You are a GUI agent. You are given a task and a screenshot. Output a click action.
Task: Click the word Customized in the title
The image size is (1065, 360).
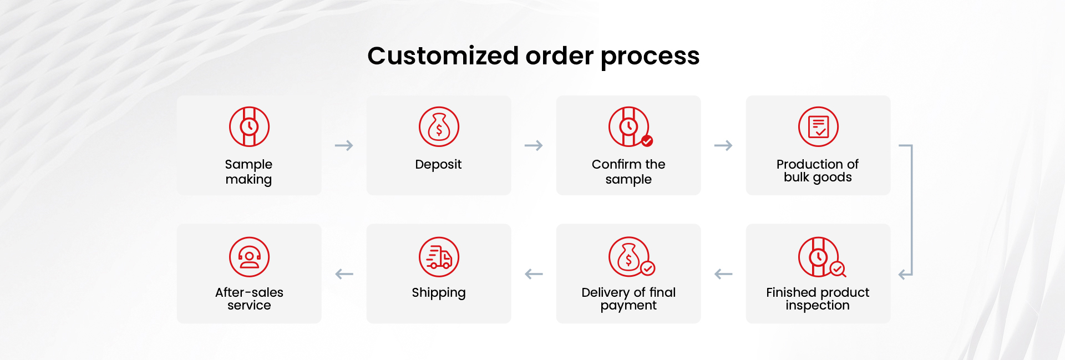click(x=443, y=56)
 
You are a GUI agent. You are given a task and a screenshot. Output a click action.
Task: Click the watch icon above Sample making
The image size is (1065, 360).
click(x=249, y=126)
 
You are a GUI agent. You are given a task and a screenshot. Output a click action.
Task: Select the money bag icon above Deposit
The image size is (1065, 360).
click(x=439, y=126)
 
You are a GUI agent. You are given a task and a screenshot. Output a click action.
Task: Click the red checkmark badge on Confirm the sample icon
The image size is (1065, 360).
click(x=647, y=141)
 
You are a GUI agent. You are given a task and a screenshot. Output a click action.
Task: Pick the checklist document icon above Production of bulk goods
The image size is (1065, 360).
click(x=818, y=126)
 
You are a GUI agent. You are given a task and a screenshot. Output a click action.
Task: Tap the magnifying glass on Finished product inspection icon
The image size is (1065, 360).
click(x=838, y=269)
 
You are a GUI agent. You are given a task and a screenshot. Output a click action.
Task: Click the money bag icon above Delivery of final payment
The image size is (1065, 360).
click(x=628, y=257)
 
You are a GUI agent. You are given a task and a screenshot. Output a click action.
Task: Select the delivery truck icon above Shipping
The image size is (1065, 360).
click(x=439, y=257)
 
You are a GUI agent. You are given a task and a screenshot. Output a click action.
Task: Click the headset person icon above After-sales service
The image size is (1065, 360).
click(x=249, y=257)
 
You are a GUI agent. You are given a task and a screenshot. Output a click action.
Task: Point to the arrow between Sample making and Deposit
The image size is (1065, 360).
click(x=344, y=145)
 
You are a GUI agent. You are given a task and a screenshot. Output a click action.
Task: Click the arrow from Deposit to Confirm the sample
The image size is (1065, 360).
click(x=534, y=145)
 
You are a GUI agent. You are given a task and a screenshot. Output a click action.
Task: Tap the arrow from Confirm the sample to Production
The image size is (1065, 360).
click(x=723, y=145)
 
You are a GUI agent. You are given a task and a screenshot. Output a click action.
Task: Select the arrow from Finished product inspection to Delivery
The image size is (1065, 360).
click(x=723, y=274)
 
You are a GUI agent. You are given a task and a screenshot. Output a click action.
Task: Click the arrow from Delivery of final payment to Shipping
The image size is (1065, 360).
click(x=534, y=274)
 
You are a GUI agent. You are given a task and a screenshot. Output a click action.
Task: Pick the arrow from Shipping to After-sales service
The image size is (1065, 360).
click(x=344, y=274)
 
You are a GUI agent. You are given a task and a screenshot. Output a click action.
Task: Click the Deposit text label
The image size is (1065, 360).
click(x=438, y=165)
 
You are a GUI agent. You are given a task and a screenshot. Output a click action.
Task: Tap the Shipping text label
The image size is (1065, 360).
click(x=438, y=293)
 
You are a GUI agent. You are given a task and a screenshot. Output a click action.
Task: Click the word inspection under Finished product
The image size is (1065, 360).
click(x=818, y=306)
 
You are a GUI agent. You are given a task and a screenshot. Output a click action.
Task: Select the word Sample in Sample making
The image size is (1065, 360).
click(x=248, y=165)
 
